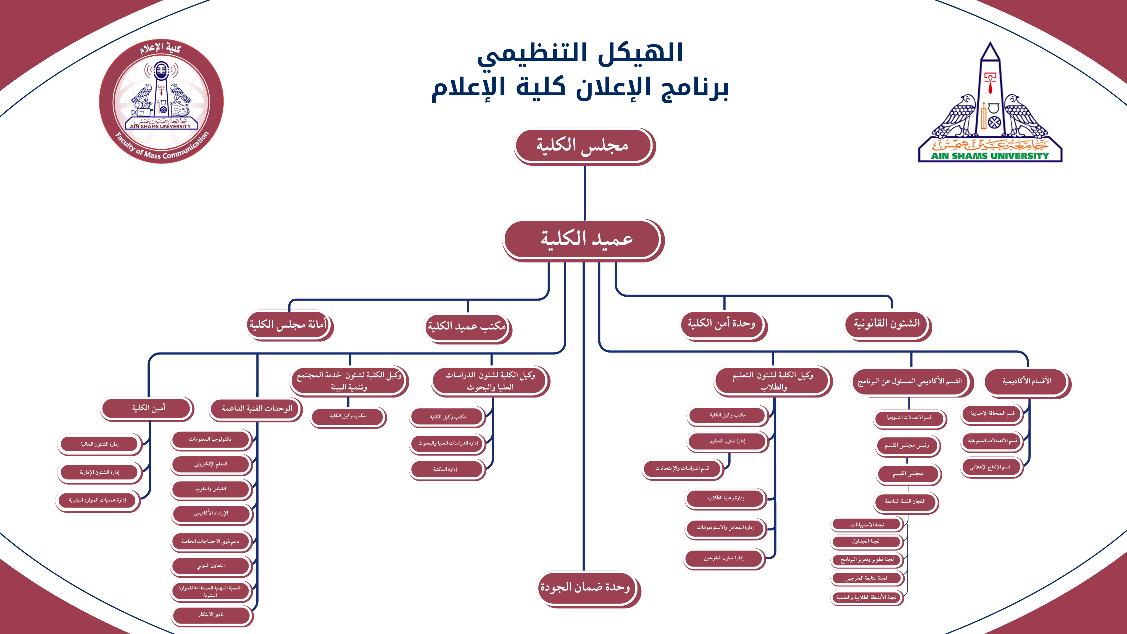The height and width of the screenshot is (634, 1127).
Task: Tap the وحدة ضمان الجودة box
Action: pyautogui.click(x=585, y=587)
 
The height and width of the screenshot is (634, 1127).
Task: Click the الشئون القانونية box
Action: pyautogui.click(x=886, y=324)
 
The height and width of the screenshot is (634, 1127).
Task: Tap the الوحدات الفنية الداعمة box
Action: pyautogui.click(x=256, y=409)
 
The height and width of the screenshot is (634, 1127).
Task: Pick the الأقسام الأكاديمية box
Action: pyautogui.click(x=1026, y=381)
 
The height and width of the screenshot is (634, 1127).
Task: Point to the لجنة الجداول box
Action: pyautogui.click(x=866, y=542)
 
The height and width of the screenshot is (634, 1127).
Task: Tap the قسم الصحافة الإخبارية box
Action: pyautogui.click(x=992, y=414)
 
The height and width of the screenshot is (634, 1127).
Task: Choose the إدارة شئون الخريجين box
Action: pyautogui.click(x=724, y=558)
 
